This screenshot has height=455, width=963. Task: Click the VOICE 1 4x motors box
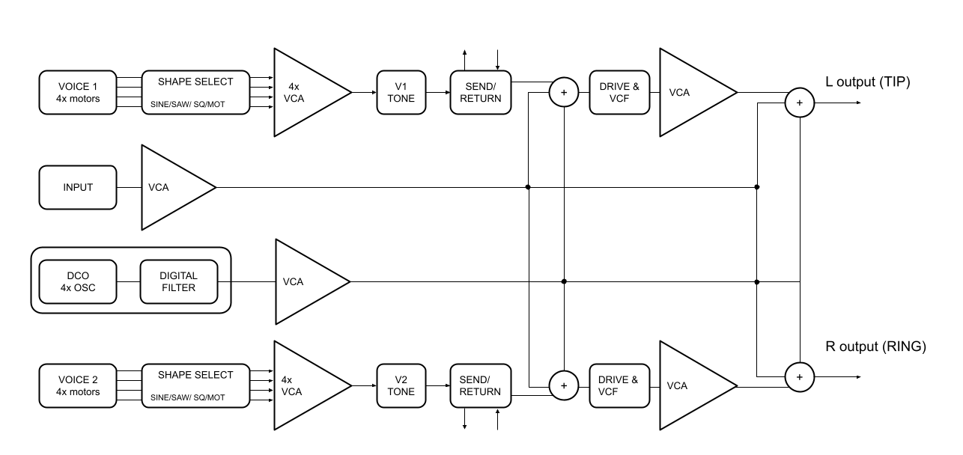tap(78, 92)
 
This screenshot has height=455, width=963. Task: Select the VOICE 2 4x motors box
tap(78, 385)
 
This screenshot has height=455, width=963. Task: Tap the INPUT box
tap(78, 187)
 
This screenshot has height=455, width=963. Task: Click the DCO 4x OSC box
tap(78, 281)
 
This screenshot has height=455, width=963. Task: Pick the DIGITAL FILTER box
tap(178, 281)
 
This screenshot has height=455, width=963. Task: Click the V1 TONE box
tap(401, 92)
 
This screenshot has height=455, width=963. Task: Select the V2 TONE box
tap(401, 385)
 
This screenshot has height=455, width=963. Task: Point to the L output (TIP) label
tap(867, 82)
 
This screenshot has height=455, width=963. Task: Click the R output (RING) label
tap(875, 346)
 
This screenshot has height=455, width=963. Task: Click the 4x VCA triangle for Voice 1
tap(303, 92)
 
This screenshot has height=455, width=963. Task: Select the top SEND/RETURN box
tap(481, 92)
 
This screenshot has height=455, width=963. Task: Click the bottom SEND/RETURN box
tap(481, 385)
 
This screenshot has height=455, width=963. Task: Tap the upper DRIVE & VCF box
tap(619, 92)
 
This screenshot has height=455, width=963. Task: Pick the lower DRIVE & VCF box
tap(619, 385)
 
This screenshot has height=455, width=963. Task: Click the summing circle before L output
tap(799, 103)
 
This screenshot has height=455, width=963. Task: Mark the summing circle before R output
tap(799, 376)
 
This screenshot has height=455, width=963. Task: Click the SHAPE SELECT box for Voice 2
tap(195, 385)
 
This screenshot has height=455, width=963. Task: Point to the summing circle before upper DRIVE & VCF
tap(564, 92)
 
